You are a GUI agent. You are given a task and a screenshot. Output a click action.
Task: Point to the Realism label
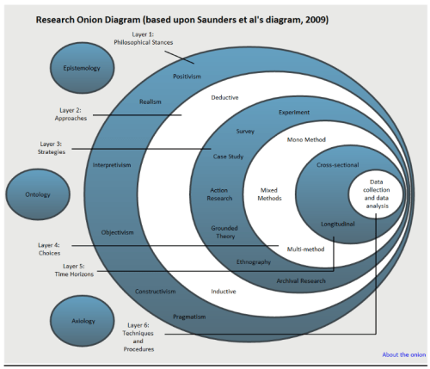(x=150, y=102)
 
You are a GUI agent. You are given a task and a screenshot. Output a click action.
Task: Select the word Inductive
(x=224, y=291)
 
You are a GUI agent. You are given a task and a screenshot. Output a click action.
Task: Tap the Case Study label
(x=230, y=157)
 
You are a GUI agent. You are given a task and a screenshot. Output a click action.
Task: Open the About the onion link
(x=403, y=354)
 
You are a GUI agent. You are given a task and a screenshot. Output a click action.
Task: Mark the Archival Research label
(x=300, y=280)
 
